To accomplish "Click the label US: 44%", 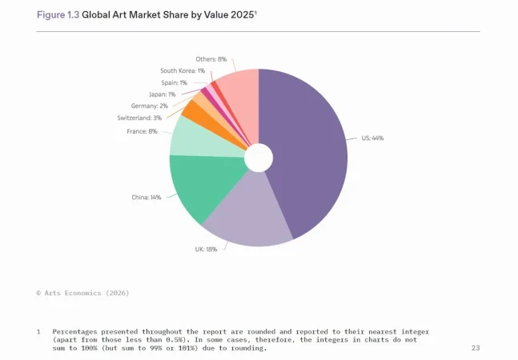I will point(372,138).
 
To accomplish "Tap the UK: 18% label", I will point(207,249).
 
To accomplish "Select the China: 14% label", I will point(146,197).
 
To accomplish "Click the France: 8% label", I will point(142,131).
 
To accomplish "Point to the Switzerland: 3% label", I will point(139,118).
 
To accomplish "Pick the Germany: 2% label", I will point(150,106).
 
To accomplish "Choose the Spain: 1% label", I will point(174,82).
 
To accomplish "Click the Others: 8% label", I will point(211,59).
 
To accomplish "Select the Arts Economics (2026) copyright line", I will point(82,293).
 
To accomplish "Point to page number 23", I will point(476,348).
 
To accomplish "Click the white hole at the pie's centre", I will point(259,158).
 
